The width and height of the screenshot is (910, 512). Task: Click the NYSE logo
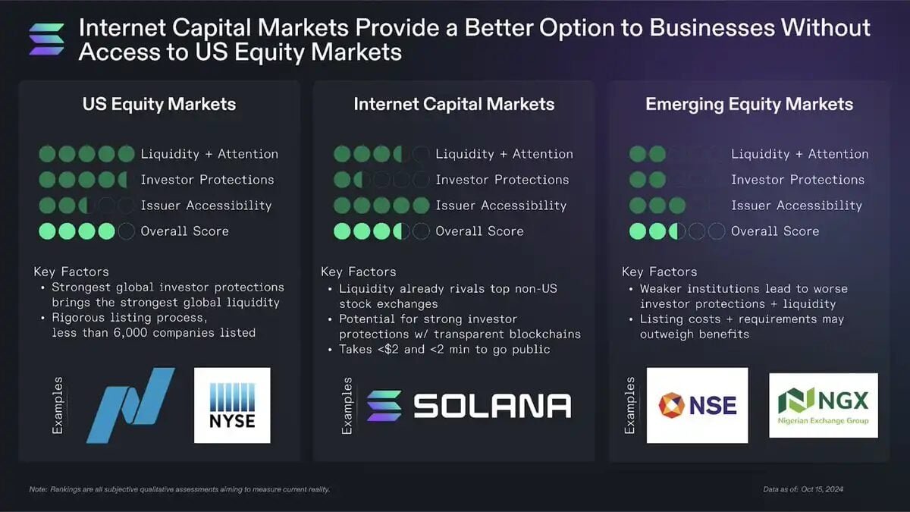point(232,405)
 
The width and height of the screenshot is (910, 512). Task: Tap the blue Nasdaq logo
point(130,405)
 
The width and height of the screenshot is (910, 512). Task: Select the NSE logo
point(697,405)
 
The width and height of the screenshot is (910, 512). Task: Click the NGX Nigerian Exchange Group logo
point(824,405)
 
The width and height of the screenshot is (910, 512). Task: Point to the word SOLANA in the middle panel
point(492,406)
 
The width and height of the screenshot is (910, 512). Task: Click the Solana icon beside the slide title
point(46,39)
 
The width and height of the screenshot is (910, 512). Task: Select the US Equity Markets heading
point(159,105)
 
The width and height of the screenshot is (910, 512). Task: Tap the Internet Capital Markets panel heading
point(453,105)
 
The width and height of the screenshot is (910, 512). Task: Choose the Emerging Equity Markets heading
point(749,105)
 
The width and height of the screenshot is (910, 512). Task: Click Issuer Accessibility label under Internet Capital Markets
point(500,206)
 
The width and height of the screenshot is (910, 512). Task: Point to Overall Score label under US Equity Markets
point(184,231)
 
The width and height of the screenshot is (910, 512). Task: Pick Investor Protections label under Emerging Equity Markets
point(797,180)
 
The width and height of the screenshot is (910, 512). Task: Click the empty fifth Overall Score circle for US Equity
point(127,231)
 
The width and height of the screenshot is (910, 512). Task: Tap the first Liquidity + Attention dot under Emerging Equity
point(638,154)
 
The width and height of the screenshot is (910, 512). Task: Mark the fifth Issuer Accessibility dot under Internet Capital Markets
point(421,206)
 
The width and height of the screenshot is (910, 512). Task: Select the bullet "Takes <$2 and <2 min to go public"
point(444,350)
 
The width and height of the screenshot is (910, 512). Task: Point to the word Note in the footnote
point(38,490)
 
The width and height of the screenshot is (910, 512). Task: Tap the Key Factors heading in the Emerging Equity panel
point(659,272)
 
